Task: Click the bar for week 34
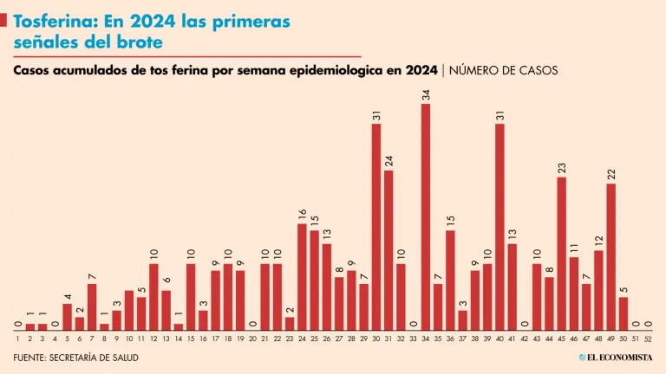pyautogui.click(x=426, y=216)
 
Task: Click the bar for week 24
pyautogui.click(x=302, y=276)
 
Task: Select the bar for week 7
pyautogui.click(x=92, y=306)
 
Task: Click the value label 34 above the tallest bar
pyautogui.click(x=426, y=95)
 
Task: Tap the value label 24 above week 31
pyautogui.click(x=388, y=161)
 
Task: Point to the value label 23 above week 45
pyautogui.click(x=561, y=168)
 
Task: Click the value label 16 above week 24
pyautogui.click(x=302, y=215)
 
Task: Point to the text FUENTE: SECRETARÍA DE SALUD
pyautogui.click(x=76, y=358)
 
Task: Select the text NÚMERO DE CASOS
pyautogui.click(x=504, y=70)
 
